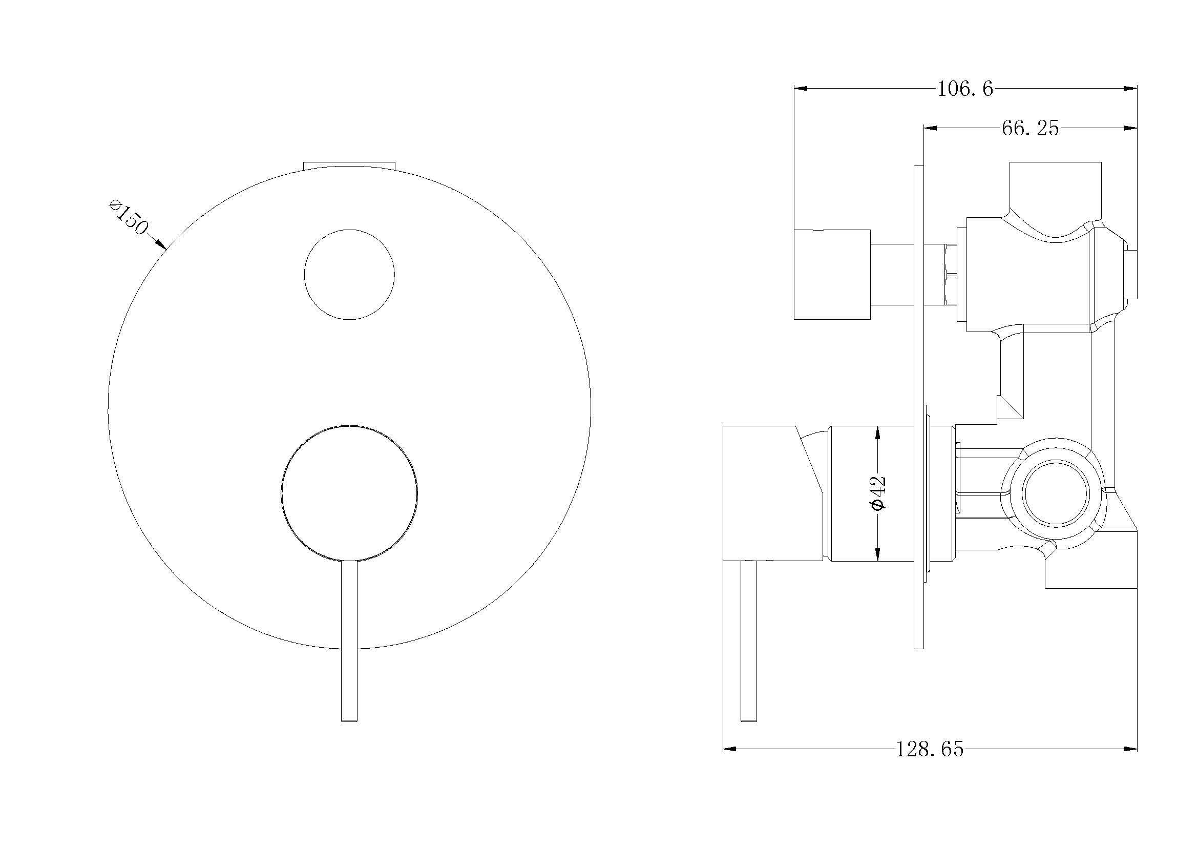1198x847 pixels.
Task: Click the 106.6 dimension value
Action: (965, 89)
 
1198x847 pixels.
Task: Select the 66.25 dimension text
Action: (1030, 129)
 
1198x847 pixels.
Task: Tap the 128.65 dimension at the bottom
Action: (930, 750)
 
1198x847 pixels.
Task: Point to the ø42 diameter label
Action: (878, 492)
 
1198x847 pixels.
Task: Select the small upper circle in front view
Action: (349, 275)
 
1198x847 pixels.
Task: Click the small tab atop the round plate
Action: (349, 165)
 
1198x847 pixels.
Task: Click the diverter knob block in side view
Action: (832, 274)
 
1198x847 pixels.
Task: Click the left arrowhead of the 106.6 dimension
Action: (800, 89)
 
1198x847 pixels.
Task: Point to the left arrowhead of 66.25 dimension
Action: (930, 128)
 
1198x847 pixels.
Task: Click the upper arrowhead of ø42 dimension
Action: (878, 431)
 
